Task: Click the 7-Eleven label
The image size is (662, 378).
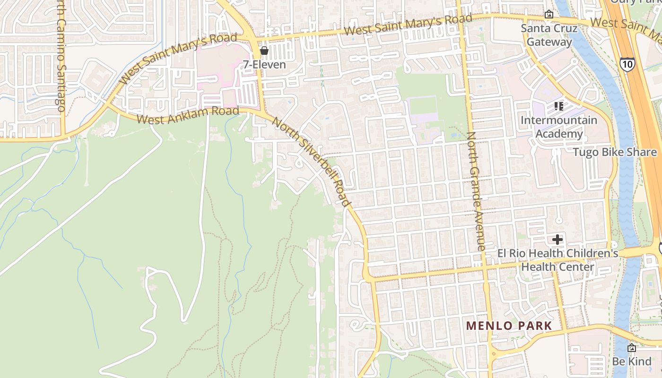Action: pyautogui.click(x=264, y=64)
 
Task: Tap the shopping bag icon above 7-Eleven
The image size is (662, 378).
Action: pyautogui.click(x=264, y=50)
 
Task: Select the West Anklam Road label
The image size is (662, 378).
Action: pyautogui.click(x=188, y=115)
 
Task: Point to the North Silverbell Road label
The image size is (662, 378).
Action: pyautogui.click(x=312, y=160)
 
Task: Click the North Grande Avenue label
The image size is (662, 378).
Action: pyautogui.click(x=476, y=191)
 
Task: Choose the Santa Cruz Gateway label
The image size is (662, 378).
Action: pyautogui.click(x=549, y=35)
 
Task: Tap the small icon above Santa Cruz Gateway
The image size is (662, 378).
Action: pyautogui.click(x=549, y=15)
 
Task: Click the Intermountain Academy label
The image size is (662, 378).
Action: pyautogui.click(x=558, y=127)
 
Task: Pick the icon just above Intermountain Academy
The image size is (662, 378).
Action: pyautogui.click(x=558, y=106)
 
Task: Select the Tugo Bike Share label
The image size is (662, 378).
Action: pyautogui.click(x=615, y=152)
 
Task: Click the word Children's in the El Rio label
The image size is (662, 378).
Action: pyautogui.click(x=594, y=254)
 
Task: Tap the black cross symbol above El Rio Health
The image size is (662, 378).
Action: pyautogui.click(x=557, y=240)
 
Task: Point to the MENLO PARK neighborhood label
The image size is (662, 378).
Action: pyautogui.click(x=509, y=326)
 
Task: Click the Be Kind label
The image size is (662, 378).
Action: pyautogui.click(x=631, y=362)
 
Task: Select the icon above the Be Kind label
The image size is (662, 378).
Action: pyautogui.click(x=631, y=348)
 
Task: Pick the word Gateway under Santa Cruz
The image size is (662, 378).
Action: pyautogui.click(x=549, y=42)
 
